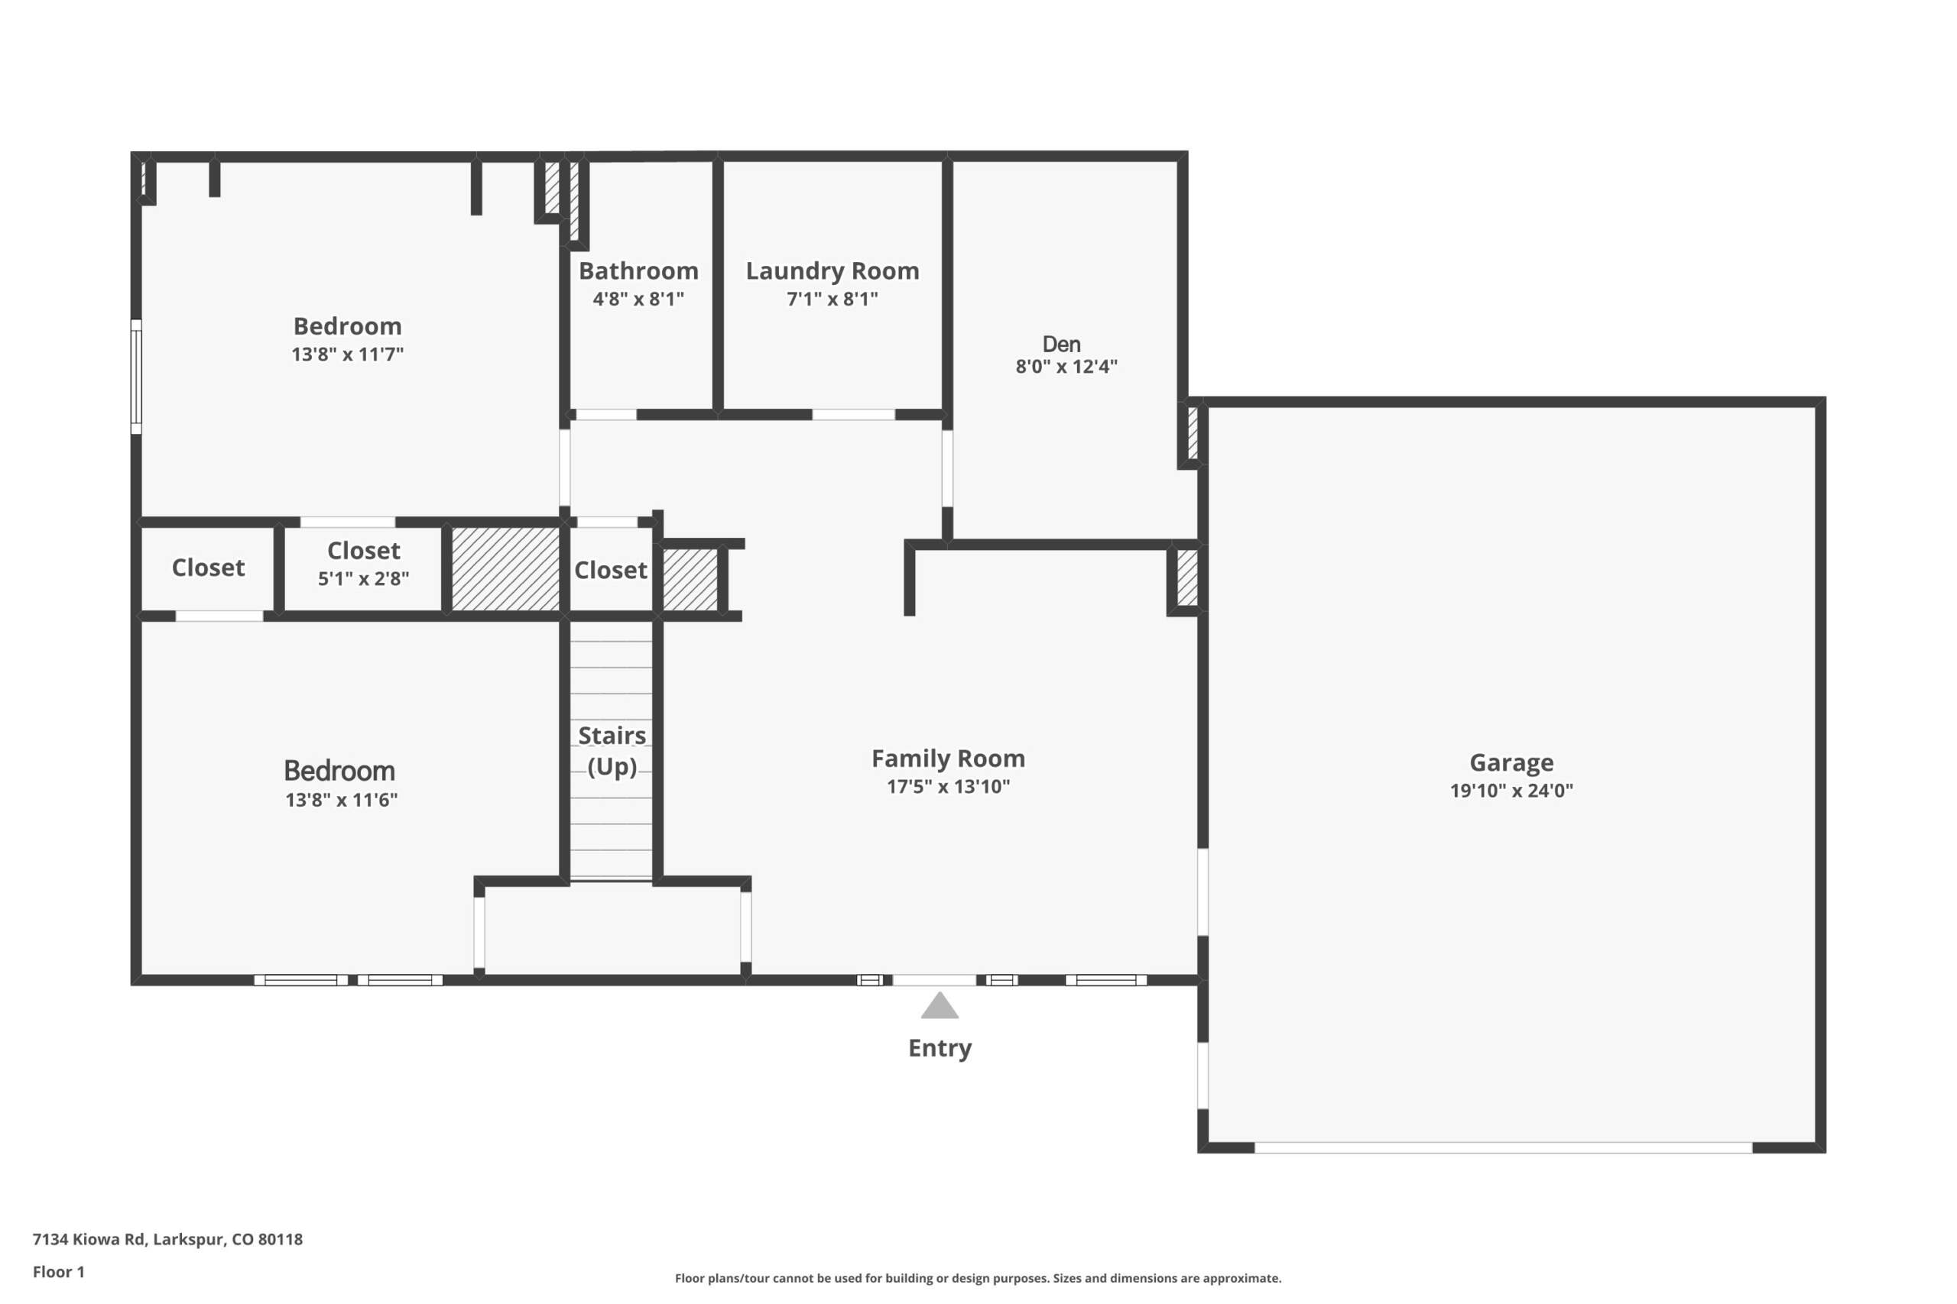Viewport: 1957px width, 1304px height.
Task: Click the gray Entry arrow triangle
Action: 940,1006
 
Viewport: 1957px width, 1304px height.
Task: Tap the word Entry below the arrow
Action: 940,1049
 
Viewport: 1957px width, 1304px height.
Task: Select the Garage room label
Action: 1511,762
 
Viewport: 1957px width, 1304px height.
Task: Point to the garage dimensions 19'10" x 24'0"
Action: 1511,791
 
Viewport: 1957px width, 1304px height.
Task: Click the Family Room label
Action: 948,759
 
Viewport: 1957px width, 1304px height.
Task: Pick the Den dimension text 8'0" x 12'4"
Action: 1066,367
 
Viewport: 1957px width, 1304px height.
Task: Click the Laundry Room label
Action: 832,271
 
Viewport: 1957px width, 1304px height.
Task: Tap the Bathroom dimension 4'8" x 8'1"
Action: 638,299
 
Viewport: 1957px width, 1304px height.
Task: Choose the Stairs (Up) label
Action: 612,751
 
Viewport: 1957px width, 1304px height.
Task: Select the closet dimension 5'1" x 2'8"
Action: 364,579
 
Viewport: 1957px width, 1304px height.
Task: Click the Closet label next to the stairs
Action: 610,571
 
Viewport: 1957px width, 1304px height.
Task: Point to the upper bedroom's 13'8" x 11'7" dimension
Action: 347,354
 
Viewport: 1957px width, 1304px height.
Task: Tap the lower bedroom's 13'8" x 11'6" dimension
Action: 341,800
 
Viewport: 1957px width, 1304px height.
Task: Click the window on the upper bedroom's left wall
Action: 137,377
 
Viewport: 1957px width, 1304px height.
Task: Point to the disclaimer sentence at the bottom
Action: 978,1278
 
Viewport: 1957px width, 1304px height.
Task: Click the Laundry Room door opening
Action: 854,414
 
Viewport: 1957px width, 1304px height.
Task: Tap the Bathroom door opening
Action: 605,414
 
